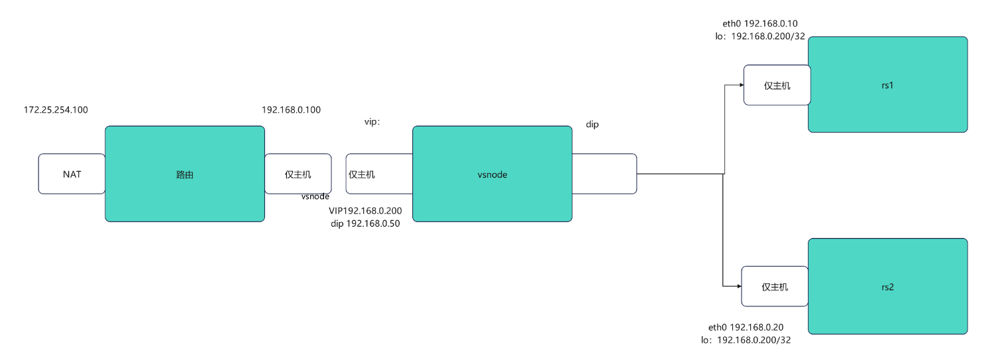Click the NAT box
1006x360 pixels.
click(x=72, y=174)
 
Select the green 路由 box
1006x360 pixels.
click(x=185, y=174)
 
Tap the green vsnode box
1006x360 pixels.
click(x=492, y=174)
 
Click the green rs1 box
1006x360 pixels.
click(x=888, y=85)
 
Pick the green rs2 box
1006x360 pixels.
click(x=888, y=286)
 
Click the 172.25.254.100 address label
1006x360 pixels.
click(x=56, y=109)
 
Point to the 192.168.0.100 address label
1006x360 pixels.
click(x=292, y=109)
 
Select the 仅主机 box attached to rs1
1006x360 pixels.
click(x=777, y=85)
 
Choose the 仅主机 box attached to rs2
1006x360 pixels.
click(x=775, y=286)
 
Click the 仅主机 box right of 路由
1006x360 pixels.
click(x=298, y=174)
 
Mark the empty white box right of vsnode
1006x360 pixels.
click(x=604, y=174)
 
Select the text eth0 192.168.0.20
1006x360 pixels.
click(x=746, y=327)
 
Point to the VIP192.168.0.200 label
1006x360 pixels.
click(x=365, y=210)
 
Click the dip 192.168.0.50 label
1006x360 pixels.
click(x=365, y=223)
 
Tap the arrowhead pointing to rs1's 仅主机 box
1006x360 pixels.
click(x=740, y=85)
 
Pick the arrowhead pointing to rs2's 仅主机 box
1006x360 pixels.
click(x=738, y=286)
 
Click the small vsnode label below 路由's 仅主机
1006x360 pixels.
click(x=315, y=196)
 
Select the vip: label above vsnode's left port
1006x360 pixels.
click(x=372, y=122)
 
